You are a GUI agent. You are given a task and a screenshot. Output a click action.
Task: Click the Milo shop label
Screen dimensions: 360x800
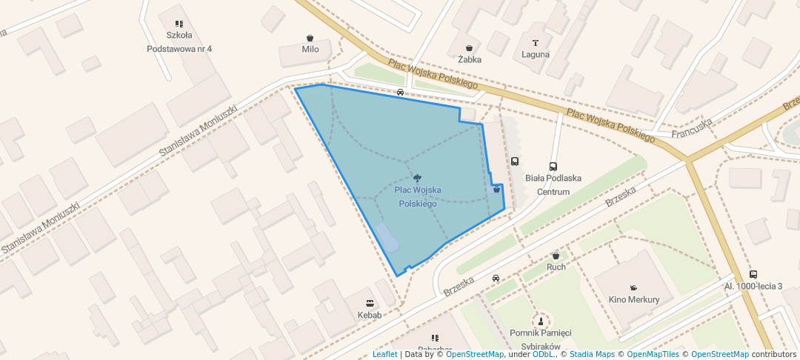point(310,50)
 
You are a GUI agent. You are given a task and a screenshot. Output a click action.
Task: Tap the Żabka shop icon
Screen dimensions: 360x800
point(470,47)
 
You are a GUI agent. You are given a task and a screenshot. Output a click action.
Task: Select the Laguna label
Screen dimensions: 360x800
point(536,54)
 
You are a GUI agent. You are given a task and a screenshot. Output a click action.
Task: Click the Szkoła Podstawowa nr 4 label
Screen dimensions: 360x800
point(179,42)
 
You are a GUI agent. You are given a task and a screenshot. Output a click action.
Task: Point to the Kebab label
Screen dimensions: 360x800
point(370,315)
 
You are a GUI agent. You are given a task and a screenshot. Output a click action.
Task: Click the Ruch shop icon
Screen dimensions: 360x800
point(556,256)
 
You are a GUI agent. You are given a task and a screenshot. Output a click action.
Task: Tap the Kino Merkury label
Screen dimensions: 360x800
point(633,300)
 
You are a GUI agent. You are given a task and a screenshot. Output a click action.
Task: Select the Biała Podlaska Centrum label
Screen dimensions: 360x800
point(553,184)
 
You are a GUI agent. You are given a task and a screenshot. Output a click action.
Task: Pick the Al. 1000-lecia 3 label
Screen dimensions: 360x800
point(753,286)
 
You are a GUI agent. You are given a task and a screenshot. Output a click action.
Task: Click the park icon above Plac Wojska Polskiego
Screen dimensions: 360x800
point(419,177)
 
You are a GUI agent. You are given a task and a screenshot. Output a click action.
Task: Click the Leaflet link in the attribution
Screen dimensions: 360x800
point(384,355)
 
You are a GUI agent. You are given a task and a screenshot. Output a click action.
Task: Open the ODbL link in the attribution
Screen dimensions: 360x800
point(543,355)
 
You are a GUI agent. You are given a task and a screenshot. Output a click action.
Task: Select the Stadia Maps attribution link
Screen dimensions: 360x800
point(592,355)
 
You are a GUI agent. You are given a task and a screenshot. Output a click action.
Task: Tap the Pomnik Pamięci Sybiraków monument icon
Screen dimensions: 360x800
point(541,321)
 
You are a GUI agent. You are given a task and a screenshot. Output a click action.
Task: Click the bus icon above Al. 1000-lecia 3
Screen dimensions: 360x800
point(753,274)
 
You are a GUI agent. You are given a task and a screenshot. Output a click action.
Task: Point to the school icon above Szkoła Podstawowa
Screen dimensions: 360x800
point(179,24)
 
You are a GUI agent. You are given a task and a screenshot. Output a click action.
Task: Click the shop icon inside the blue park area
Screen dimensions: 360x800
point(496,190)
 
